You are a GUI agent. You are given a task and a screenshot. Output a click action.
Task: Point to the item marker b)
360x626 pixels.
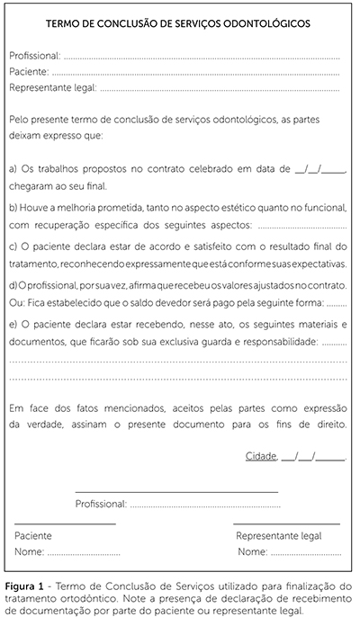click(x=13, y=207)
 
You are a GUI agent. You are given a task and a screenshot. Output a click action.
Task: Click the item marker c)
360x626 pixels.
click(x=13, y=246)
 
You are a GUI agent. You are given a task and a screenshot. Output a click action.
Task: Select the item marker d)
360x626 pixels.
click(x=13, y=284)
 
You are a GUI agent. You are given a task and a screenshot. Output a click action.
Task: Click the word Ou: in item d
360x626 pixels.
click(x=17, y=303)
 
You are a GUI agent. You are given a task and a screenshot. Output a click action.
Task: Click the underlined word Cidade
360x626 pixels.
click(x=261, y=456)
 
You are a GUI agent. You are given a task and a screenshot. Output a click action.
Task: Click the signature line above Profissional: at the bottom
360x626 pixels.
click(x=176, y=491)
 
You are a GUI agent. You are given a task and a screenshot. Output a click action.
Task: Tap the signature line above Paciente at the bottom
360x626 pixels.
click(x=65, y=523)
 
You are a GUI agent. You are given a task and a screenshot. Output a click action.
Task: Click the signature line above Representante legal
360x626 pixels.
click(x=286, y=523)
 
